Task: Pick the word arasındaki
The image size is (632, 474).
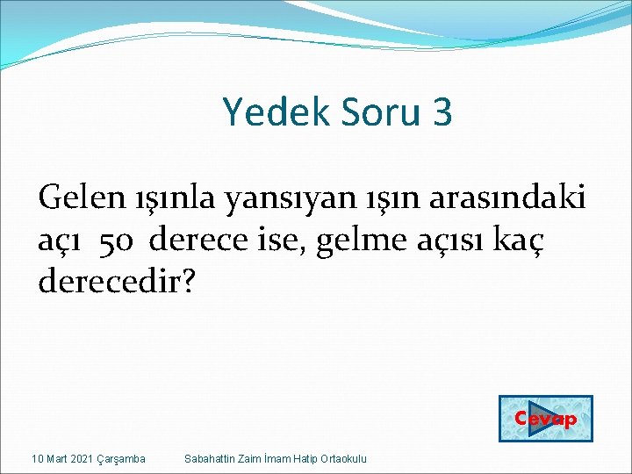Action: pos(506,198)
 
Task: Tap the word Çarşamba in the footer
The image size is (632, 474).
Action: pos(122,459)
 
